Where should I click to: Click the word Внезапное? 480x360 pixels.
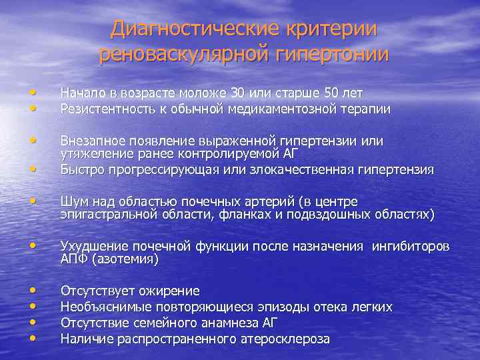(x=89, y=141)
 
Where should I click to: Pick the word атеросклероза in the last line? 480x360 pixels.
(x=289, y=339)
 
